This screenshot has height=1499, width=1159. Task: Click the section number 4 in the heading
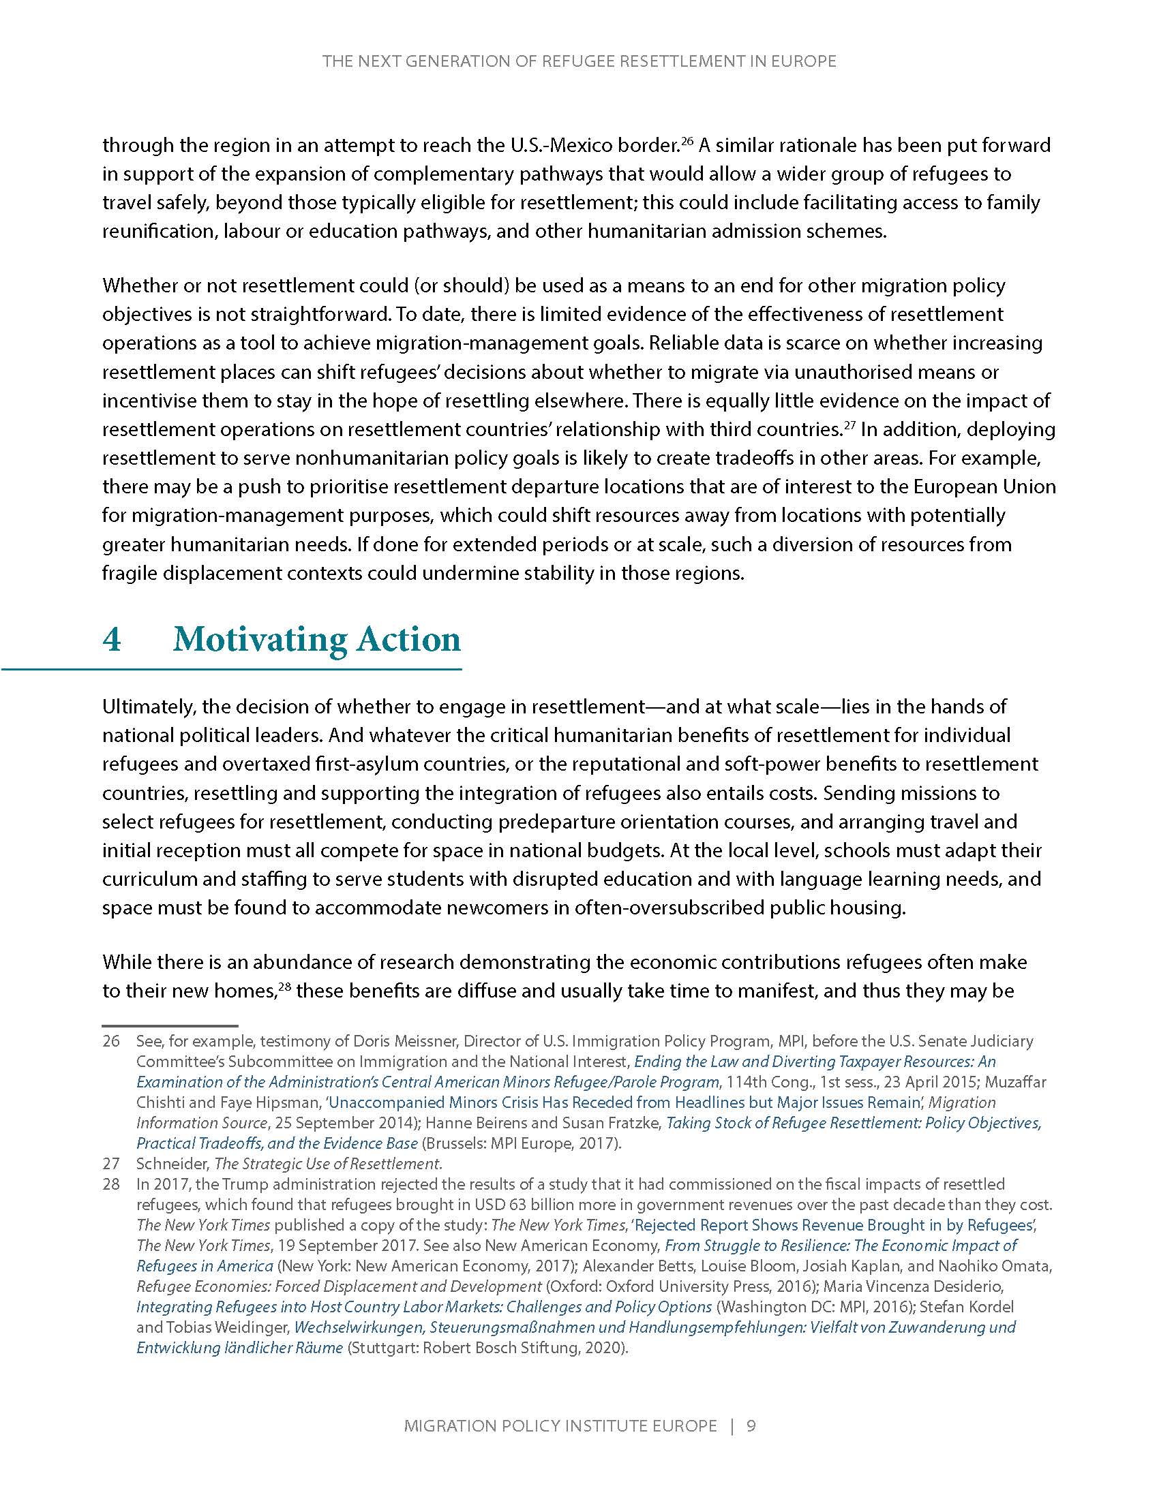pos(112,640)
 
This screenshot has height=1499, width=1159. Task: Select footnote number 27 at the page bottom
pos(111,1163)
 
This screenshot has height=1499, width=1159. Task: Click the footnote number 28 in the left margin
pos(111,1184)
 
